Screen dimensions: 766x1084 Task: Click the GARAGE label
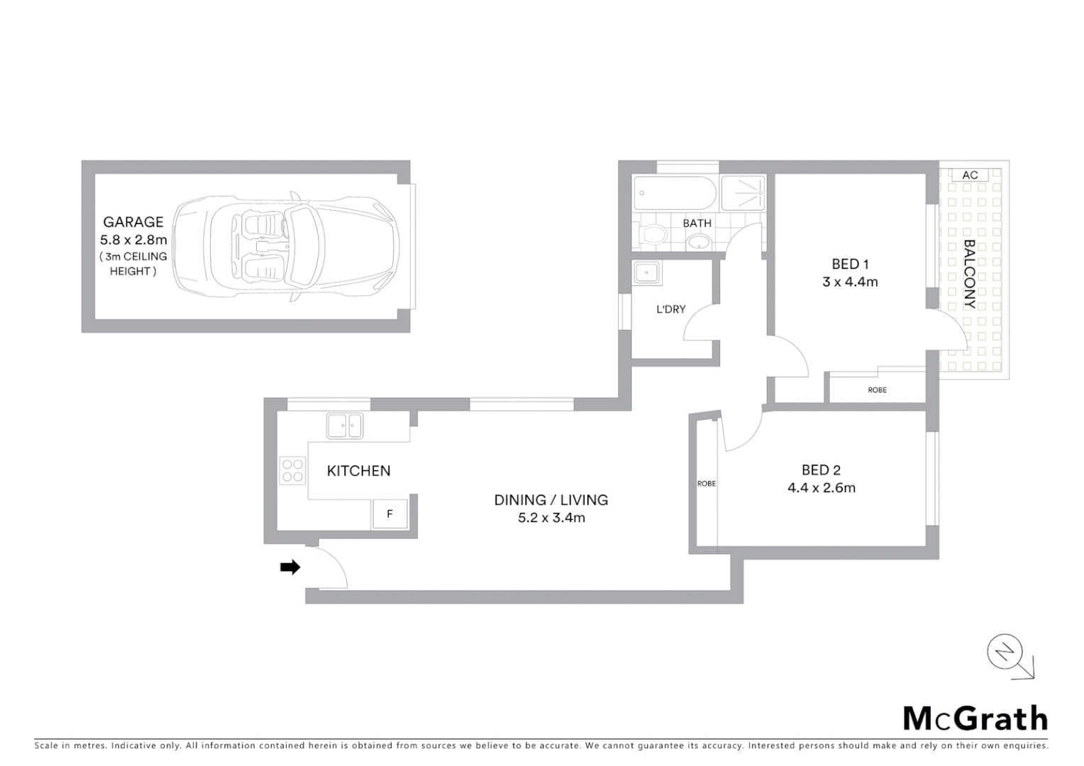[x=133, y=222]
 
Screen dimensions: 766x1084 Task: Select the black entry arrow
[x=290, y=567]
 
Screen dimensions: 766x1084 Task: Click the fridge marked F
[x=389, y=514]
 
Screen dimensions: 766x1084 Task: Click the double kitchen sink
[x=345, y=426]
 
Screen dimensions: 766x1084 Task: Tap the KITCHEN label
[x=358, y=471]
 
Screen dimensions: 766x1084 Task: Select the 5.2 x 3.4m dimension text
[x=551, y=518]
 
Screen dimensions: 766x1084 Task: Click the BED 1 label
[x=850, y=264]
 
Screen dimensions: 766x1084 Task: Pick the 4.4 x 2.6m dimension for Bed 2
[x=821, y=488]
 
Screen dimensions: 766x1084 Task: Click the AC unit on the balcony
[x=970, y=175]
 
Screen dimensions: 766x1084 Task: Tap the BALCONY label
[x=969, y=274]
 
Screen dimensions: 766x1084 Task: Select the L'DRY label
[x=670, y=309]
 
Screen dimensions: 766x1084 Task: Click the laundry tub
[x=647, y=273]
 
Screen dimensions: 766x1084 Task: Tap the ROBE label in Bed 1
[x=877, y=390]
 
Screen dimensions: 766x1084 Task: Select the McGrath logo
[x=975, y=718]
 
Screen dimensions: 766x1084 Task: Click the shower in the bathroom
[x=743, y=193]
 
